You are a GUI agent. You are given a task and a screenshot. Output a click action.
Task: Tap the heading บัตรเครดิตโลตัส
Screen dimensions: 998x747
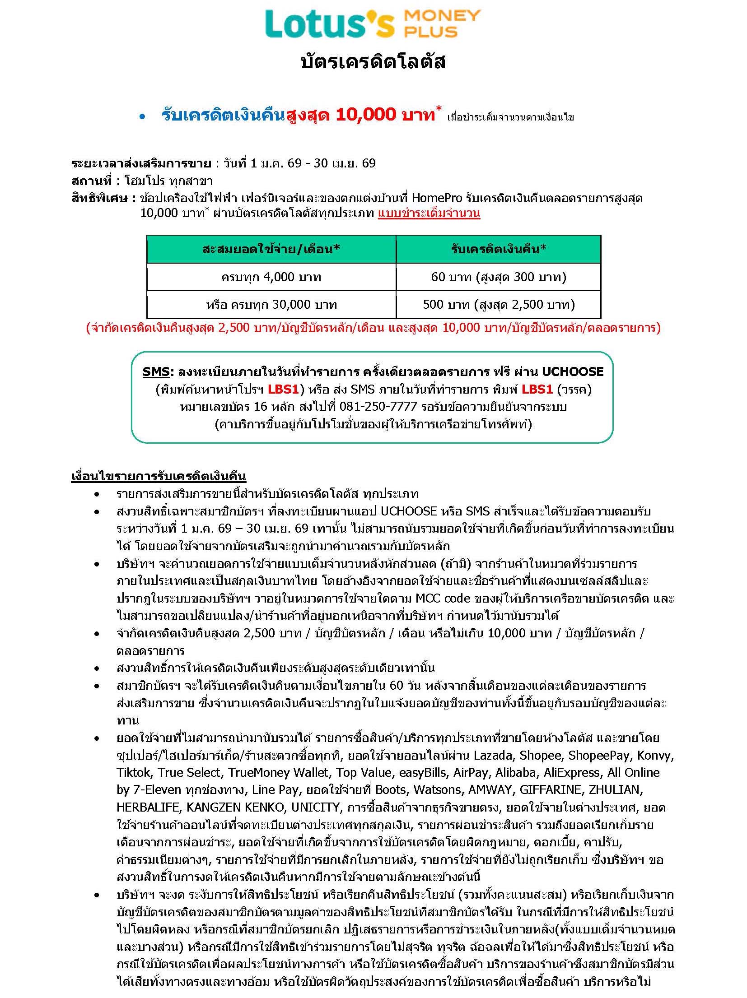373,61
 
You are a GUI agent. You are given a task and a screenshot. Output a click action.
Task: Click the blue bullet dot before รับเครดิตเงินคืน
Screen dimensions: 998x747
143,117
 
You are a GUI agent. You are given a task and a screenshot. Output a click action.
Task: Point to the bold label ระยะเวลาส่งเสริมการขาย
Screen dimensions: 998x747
141,163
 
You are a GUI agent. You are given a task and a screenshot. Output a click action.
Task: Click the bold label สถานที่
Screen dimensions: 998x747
91,181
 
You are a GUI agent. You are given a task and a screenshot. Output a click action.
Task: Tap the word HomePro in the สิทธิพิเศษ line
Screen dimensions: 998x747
437,198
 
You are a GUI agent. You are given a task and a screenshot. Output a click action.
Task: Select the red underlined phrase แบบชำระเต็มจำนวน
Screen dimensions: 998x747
429,214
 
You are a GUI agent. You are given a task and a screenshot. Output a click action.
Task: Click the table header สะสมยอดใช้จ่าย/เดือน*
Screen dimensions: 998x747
271,249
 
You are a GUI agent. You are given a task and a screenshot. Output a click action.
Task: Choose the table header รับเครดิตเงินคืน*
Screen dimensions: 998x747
498,249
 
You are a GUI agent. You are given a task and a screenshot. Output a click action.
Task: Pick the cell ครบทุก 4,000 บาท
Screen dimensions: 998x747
271,277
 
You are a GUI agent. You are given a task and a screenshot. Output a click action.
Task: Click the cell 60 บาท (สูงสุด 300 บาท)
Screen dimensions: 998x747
498,277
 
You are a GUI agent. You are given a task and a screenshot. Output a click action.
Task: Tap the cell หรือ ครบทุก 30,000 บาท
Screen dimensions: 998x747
271,305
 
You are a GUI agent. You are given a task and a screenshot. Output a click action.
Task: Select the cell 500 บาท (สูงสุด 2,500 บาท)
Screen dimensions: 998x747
498,305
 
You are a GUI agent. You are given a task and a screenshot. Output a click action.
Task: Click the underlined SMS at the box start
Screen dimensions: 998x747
156,371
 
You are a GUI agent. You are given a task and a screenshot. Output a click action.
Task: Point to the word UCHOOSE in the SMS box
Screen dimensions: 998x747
572,371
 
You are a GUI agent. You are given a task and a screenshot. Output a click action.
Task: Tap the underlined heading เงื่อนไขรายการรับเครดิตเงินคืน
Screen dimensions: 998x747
159,477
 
